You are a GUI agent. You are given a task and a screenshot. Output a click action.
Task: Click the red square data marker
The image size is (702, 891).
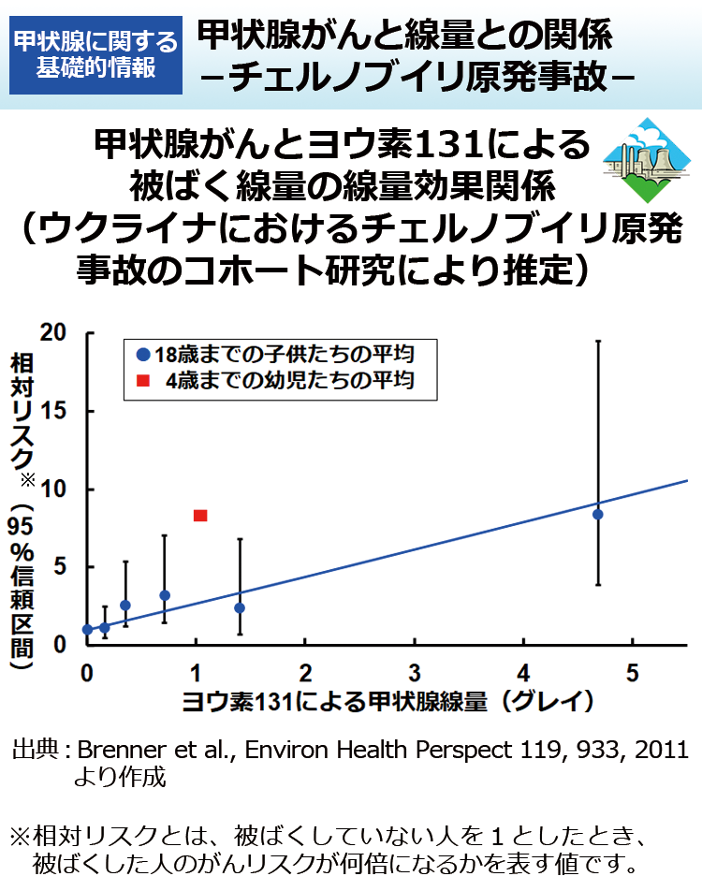click(x=199, y=516)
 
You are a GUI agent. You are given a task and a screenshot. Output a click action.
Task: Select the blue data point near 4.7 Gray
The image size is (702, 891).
click(x=598, y=514)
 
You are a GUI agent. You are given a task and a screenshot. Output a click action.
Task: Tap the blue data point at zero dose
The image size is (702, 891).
click(x=88, y=630)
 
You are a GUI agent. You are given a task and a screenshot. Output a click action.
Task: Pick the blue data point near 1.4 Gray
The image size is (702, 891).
click(x=240, y=607)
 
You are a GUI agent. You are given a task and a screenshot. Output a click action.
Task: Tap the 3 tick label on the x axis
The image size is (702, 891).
click(x=415, y=673)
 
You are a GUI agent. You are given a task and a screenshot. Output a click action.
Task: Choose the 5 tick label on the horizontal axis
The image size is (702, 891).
click(x=633, y=673)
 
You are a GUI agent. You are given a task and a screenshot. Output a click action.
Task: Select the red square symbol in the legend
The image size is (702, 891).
click(x=142, y=381)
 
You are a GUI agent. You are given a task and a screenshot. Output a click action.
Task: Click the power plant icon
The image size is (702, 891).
click(x=641, y=160)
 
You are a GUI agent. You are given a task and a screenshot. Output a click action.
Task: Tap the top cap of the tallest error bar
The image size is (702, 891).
click(x=598, y=342)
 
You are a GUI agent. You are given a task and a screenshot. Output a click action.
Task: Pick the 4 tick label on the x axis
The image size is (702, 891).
click(x=524, y=673)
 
